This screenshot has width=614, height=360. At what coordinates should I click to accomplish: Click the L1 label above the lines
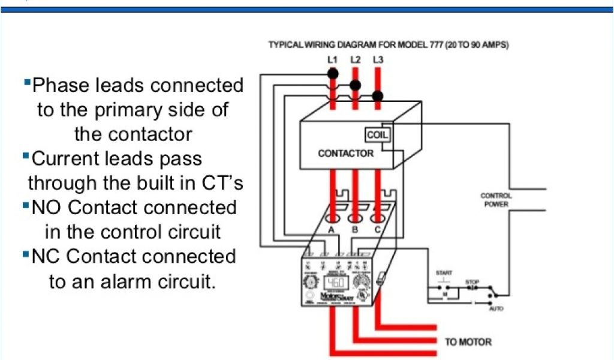[332, 59]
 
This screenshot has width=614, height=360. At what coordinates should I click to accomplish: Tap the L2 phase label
[355, 59]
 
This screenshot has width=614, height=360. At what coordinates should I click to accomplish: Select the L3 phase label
[378, 59]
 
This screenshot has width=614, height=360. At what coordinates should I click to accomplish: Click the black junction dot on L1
[333, 73]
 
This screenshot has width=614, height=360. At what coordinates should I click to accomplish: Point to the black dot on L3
[378, 96]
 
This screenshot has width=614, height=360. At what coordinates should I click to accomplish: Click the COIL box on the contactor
[378, 136]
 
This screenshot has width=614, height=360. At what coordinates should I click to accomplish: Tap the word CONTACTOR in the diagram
[345, 153]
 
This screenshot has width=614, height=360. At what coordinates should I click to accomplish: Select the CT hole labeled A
[332, 218]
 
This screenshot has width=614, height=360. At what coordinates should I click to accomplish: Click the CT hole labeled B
[355, 218]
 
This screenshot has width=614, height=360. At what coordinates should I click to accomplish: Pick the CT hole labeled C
[378, 218]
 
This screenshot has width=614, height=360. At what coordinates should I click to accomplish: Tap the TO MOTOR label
[468, 342]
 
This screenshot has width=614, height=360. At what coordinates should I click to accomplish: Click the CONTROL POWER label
[496, 200]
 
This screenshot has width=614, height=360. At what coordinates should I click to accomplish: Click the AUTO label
[495, 308]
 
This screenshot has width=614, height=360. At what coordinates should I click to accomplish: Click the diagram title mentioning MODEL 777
[389, 45]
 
